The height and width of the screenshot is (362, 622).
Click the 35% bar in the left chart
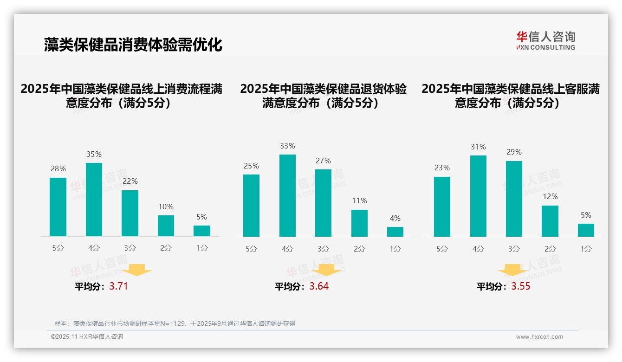(94, 200)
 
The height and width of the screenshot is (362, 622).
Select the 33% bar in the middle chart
(287, 195)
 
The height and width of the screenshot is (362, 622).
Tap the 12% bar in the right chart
(550, 221)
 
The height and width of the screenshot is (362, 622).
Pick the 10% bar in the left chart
(166, 226)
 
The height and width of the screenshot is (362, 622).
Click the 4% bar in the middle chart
(395, 232)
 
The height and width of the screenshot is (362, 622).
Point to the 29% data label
(514, 152)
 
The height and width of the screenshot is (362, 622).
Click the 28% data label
(58, 168)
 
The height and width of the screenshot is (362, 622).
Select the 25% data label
(251, 166)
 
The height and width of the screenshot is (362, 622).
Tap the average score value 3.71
(118, 286)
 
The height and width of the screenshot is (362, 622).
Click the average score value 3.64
(319, 286)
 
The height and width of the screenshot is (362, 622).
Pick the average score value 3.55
(521, 286)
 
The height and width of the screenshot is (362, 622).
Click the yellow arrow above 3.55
(512, 271)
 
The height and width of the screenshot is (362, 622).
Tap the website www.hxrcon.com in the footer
(539, 337)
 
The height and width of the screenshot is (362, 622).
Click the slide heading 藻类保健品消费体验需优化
(133, 45)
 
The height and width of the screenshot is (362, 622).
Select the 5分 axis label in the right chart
(442, 249)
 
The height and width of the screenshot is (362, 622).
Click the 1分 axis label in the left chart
(202, 248)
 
